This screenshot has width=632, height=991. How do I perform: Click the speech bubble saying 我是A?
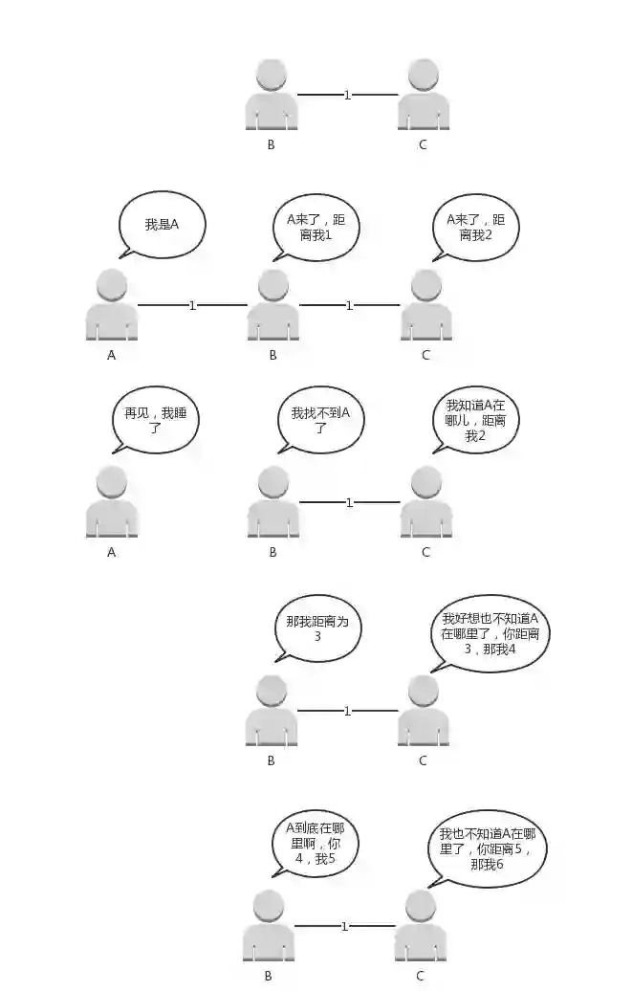(162, 225)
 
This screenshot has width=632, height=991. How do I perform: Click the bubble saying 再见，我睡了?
(155, 422)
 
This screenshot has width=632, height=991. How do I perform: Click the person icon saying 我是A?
(112, 305)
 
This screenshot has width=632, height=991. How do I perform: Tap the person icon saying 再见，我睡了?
(112, 502)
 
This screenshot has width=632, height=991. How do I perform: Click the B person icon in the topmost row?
(272, 95)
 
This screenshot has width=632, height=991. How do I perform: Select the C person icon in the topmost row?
(424, 95)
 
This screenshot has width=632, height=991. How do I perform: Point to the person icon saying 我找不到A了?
(273, 502)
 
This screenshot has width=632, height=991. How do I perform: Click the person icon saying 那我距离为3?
(272, 711)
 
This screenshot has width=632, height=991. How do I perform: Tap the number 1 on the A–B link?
(192, 305)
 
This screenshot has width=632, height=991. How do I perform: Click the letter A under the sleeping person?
(112, 552)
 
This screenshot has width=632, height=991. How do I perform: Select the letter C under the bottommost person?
(420, 976)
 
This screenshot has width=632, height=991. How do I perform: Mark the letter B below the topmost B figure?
(272, 145)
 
